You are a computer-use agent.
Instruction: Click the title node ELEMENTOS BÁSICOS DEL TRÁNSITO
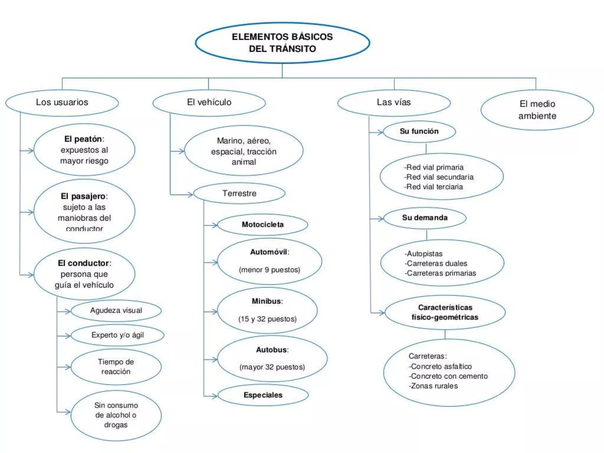click(x=282, y=43)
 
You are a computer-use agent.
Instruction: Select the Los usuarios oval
click(x=62, y=102)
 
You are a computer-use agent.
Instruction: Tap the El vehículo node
click(x=209, y=102)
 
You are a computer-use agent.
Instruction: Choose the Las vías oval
click(x=394, y=102)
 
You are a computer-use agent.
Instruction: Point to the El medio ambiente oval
click(x=537, y=110)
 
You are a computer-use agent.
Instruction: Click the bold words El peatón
click(x=83, y=139)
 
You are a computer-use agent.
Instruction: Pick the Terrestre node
click(x=239, y=193)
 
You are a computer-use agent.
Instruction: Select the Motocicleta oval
click(x=262, y=224)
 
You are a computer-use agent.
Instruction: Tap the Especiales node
click(x=263, y=395)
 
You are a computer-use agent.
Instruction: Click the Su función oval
click(x=419, y=131)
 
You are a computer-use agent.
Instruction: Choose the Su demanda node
click(x=425, y=218)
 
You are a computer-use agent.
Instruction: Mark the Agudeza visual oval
click(x=116, y=311)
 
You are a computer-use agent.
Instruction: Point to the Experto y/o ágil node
click(x=117, y=335)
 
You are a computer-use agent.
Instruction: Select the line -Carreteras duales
click(x=436, y=263)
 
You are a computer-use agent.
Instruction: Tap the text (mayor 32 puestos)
click(x=272, y=367)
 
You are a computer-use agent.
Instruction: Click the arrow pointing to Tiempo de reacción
click(x=64, y=367)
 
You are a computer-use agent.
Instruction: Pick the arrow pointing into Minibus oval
click(x=211, y=311)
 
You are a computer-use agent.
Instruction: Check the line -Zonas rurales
click(x=433, y=386)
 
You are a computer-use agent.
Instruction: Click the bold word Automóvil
click(x=269, y=252)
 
